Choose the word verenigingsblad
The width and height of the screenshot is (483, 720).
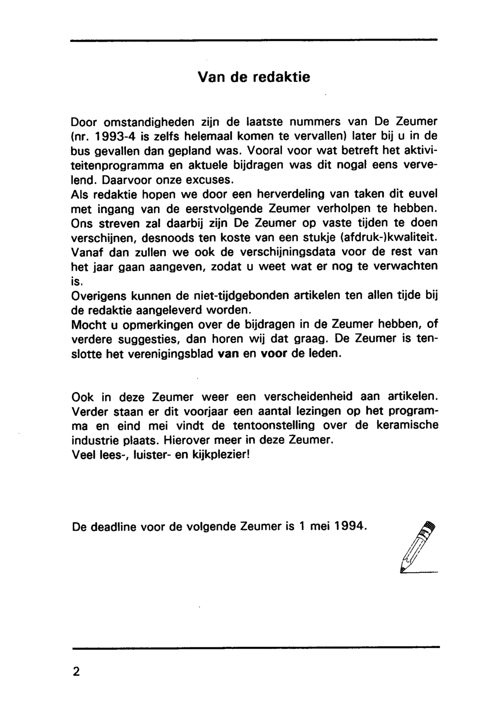point(172,354)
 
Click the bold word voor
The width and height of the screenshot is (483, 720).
point(274,354)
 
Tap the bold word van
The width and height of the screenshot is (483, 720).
point(228,354)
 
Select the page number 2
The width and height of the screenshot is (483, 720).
point(76,673)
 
